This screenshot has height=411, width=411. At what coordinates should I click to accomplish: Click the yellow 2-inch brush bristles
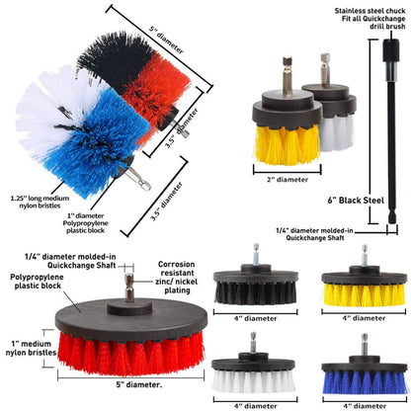pyautogui.click(x=287, y=144)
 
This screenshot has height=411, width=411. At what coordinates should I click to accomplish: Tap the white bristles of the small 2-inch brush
pyautogui.click(x=337, y=132)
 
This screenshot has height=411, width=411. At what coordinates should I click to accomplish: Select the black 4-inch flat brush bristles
pyautogui.click(x=256, y=293)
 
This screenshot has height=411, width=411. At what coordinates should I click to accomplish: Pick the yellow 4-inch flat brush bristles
pyautogui.click(x=365, y=294)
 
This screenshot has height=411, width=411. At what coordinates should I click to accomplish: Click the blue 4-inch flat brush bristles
pyautogui.click(x=365, y=382)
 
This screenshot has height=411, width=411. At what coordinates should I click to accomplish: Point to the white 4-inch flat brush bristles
pyautogui.click(x=254, y=381)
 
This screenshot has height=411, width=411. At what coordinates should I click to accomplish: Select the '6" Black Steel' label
pyautogui.click(x=356, y=201)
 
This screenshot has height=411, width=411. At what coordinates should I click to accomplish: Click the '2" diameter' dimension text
pyautogui.click(x=288, y=180)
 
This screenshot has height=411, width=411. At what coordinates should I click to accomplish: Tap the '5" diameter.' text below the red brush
pyautogui.click(x=138, y=384)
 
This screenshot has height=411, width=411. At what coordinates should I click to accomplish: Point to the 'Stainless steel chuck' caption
pyautogui.click(x=370, y=11)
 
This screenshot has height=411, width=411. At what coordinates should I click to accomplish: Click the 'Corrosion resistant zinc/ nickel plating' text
pyautogui.click(x=177, y=278)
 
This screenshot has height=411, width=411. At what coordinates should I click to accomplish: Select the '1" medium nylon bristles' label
pyautogui.click(x=31, y=348)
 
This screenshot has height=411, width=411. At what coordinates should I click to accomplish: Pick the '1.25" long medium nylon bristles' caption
pyautogui.click(x=40, y=202)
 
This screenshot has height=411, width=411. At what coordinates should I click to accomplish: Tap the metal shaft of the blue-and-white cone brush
pyautogui.click(x=137, y=178)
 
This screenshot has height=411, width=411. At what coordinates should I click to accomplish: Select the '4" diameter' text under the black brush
pyautogui.click(x=256, y=319)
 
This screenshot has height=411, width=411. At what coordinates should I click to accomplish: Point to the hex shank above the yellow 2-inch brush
pyautogui.click(x=288, y=77)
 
